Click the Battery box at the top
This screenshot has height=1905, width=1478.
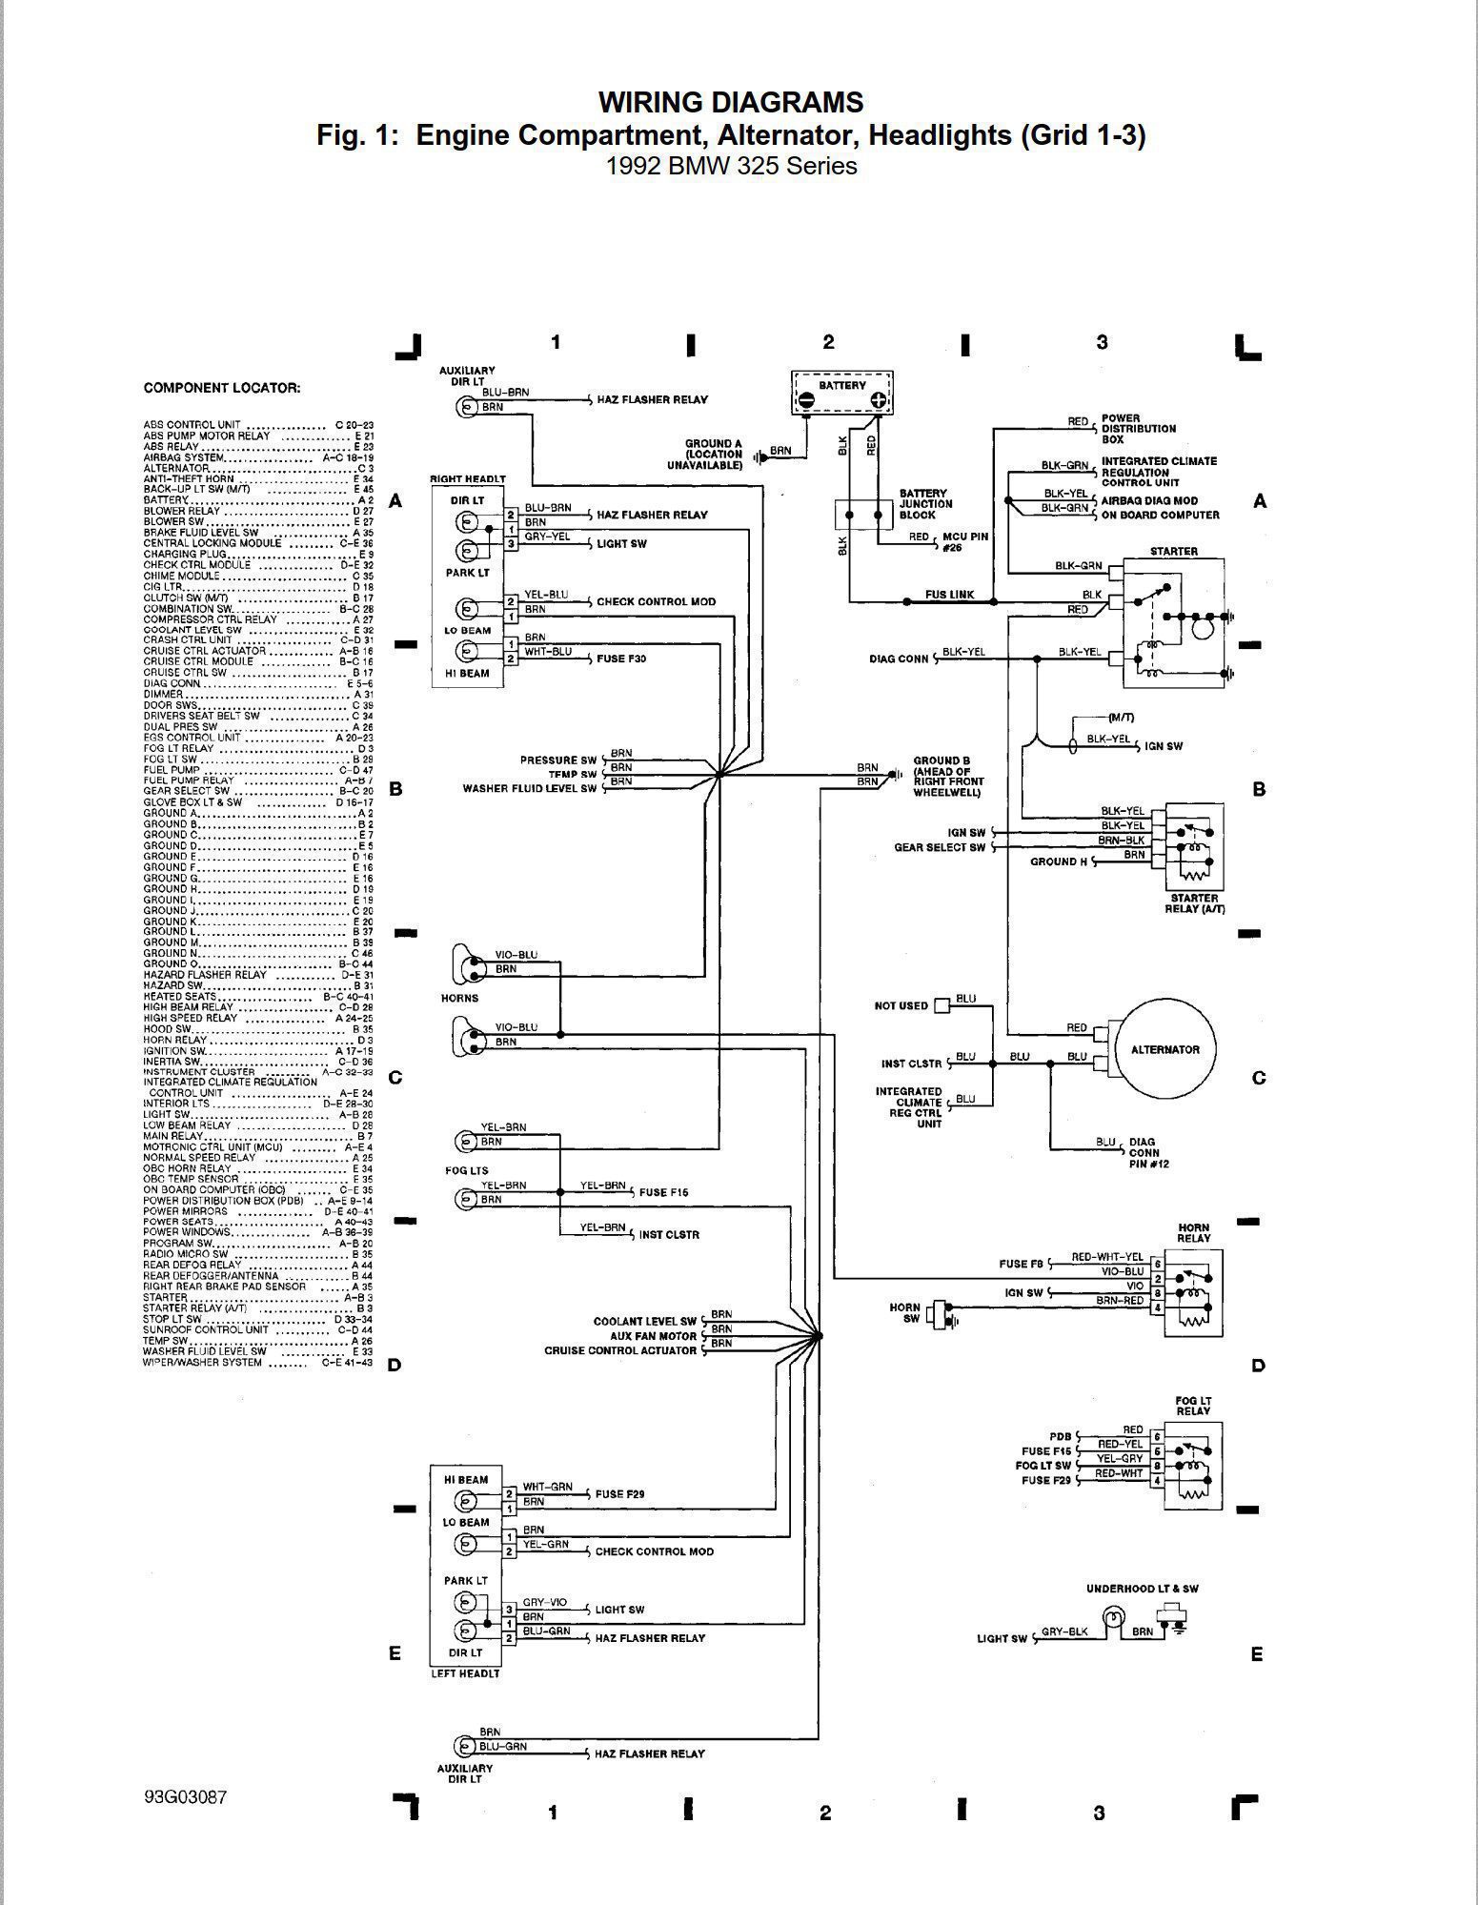click(x=842, y=392)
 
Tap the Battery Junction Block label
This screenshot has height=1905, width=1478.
click(x=924, y=504)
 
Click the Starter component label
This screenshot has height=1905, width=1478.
click(x=1174, y=551)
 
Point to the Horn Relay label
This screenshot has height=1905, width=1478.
click(x=1193, y=1233)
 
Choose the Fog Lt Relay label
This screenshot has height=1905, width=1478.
click(x=1192, y=1406)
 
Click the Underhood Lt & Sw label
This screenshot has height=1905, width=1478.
click(x=1142, y=1589)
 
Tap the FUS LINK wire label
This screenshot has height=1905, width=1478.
click(x=949, y=595)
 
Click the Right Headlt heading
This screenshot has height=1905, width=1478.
click(x=468, y=478)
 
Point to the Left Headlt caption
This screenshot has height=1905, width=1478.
click(x=466, y=1673)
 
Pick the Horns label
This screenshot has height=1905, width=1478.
click(x=459, y=998)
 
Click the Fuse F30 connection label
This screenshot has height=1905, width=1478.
click(x=622, y=659)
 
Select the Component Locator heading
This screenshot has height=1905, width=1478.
click(x=221, y=388)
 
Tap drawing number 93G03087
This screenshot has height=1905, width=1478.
click(x=186, y=1796)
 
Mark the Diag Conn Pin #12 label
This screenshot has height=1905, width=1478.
click(x=1144, y=1152)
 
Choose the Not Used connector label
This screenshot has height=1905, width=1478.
click(x=901, y=1005)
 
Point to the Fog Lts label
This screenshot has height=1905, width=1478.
click(x=467, y=1169)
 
